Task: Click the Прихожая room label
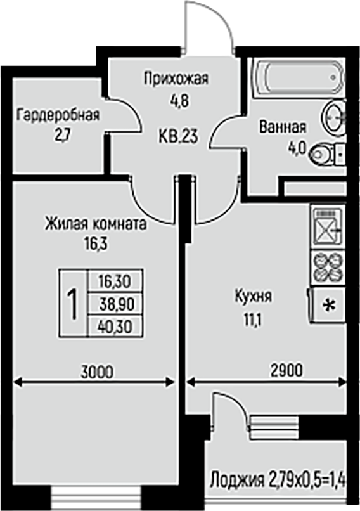pos(176,79)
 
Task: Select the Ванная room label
pos(283,127)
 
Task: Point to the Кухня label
pos(253,297)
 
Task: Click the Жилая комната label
pos(96,224)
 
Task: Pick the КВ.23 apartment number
pos(178,136)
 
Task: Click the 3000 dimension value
pos(98,372)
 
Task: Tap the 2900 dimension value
pos(287,370)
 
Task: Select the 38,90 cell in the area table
pos(116,304)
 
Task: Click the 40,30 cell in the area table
pos(116,326)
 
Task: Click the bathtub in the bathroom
pos(299,77)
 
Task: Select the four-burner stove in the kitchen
pos(328,266)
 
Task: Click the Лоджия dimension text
pos(278,481)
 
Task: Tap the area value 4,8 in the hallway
pos(179,101)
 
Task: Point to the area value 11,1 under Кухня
pos(253,320)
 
